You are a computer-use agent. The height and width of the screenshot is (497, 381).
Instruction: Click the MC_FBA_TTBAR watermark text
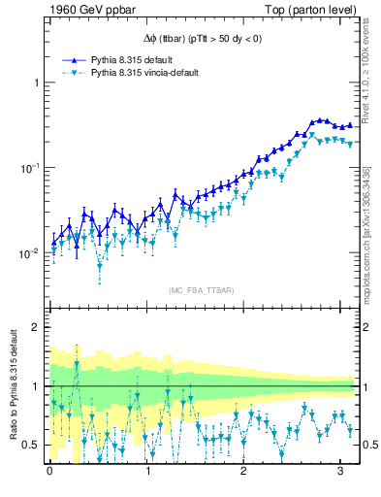click(202, 290)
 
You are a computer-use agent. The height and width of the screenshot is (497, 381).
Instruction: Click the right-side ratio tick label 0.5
click(369, 445)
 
